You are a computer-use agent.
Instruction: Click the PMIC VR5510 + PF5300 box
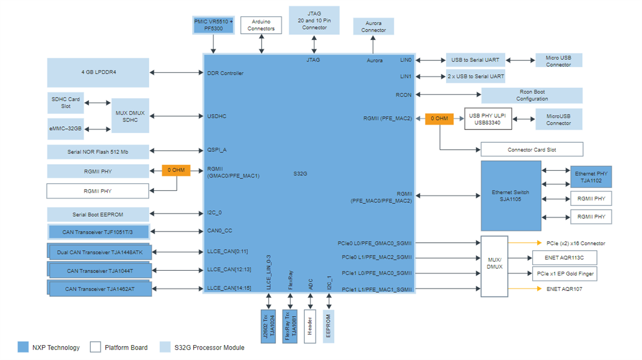coord(213,25)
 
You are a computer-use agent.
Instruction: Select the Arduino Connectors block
coord(261,25)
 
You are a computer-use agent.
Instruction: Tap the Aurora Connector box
coord(373,27)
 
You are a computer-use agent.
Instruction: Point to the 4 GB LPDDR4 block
coord(98,72)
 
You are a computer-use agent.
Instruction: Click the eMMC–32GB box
coord(66,129)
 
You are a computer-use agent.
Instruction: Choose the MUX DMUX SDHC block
coord(130,116)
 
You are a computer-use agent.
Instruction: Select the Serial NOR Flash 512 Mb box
coord(98,152)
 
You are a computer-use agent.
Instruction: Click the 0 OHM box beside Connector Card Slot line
coord(439,118)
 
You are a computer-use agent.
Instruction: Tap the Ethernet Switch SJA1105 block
coord(510,196)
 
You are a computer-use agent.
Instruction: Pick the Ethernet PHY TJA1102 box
coord(591,177)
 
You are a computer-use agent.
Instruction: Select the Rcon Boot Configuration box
coord(532,95)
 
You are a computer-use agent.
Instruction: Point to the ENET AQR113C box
coord(564,258)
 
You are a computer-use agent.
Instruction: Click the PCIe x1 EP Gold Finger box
coord(564,273)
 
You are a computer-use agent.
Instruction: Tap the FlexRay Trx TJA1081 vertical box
coord(289,326)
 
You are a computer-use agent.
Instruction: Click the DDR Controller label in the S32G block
coord(225,73)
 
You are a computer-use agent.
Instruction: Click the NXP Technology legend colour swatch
coord(23,347)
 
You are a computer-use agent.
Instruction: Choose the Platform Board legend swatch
coord(95,347)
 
